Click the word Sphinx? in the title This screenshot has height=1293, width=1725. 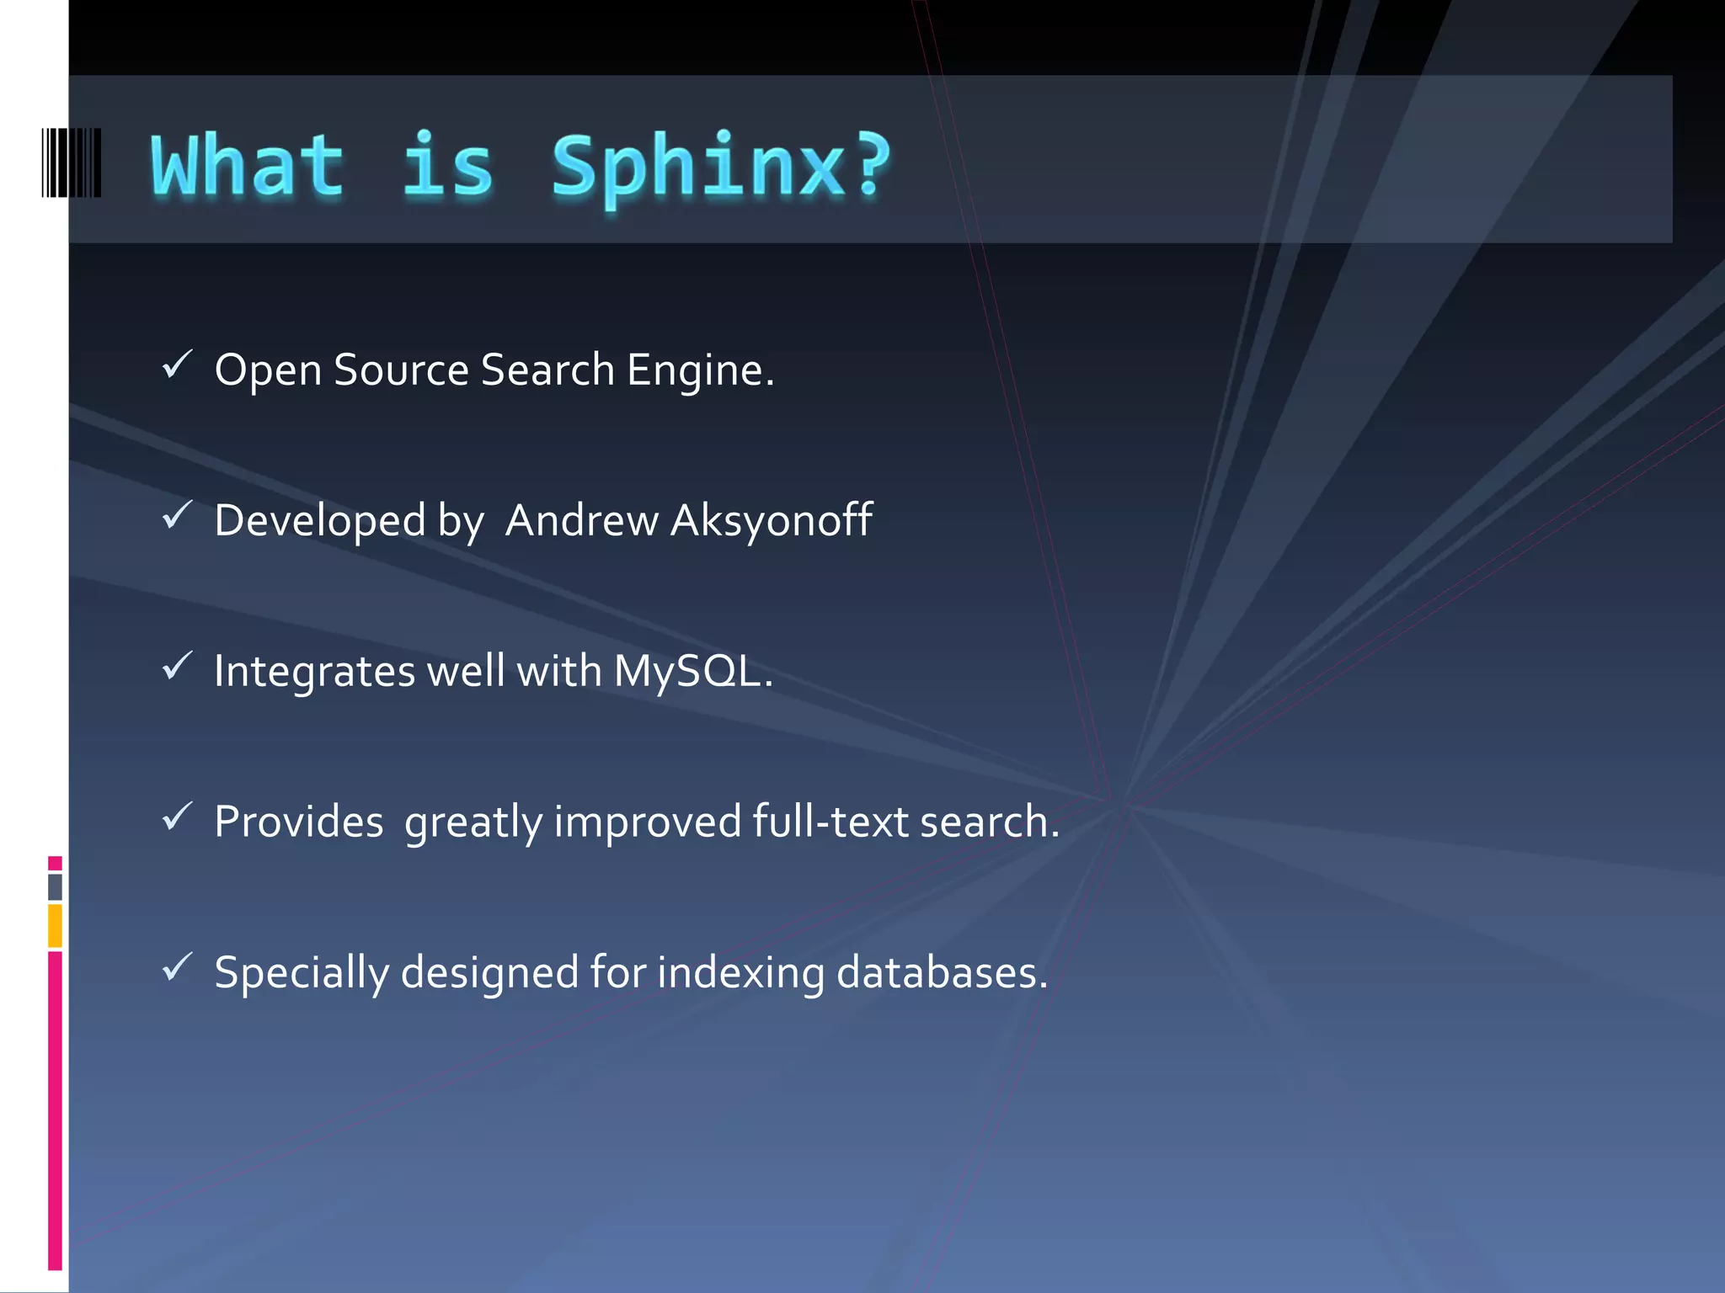(721, 167)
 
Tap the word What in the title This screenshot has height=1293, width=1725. (248, 167)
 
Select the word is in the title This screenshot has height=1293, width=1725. (447, 167)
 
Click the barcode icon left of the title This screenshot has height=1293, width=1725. (72, 163)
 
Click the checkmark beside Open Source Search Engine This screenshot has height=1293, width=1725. (178, 364)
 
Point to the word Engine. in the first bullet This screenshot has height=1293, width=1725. (700, 370)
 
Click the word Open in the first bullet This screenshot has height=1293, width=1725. (268, 370)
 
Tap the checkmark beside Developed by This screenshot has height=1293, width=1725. (178, 515)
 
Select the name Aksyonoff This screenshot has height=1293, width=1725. (771, 520)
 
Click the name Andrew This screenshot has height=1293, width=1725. (581, 520)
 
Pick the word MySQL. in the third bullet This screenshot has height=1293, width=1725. (692, 672)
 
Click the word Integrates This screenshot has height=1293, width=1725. (314, 672)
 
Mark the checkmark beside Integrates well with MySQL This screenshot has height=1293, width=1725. (178, 666)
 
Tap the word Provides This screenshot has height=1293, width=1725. (299, 822)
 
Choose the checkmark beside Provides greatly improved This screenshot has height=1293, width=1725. (178, 817)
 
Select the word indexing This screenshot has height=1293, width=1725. (740, 974)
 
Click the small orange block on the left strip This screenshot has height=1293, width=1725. (55, 925)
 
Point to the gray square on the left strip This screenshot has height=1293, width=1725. (55, 886)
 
